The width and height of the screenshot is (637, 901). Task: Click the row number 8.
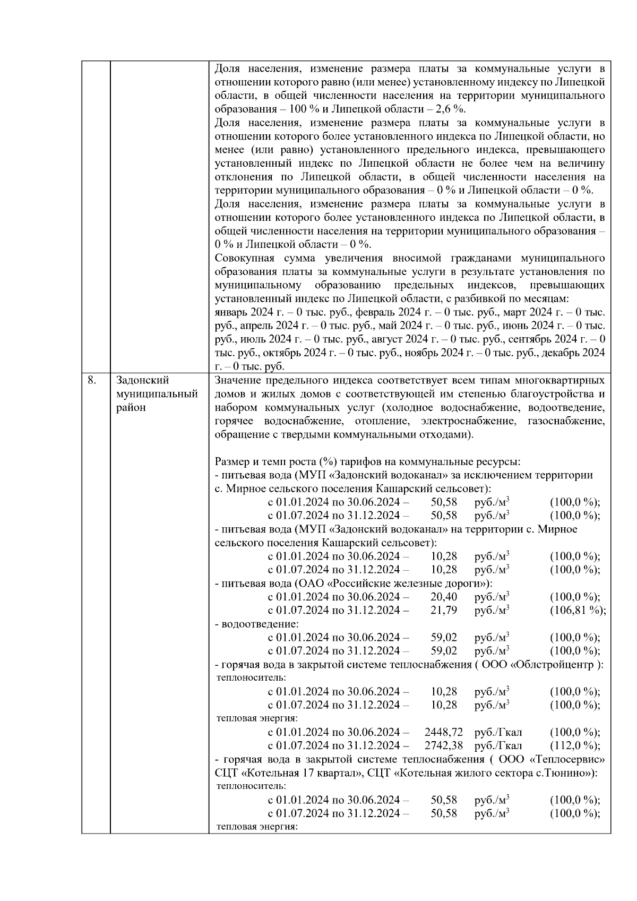91,380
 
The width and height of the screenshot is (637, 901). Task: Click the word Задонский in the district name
142,380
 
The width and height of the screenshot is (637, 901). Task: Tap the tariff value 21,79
444,610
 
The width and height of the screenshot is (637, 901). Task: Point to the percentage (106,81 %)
578,610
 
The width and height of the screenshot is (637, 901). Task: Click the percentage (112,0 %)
575,745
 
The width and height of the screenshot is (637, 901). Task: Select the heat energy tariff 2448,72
440,732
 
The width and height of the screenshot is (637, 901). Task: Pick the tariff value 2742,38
440,745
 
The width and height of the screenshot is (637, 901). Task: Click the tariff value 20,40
444,597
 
